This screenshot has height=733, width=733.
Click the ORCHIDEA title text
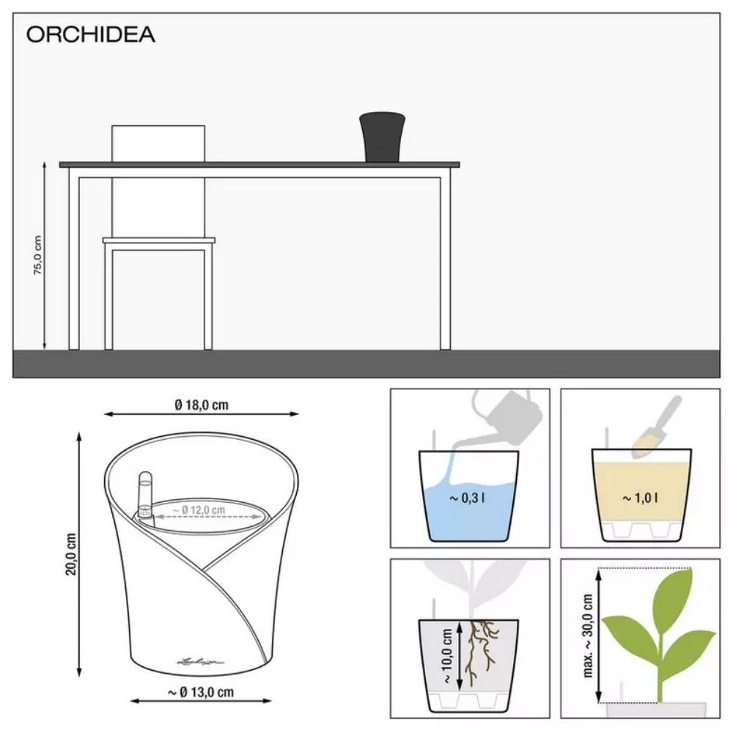pos(91,35)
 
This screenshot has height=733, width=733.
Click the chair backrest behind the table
pos(158,143)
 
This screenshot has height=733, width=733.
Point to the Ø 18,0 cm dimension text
pos(202,404)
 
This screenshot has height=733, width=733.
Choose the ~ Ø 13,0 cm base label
pos(201,691)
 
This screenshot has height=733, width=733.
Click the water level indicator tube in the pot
pos(144,498)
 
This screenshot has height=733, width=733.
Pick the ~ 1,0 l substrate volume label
pos(641,498)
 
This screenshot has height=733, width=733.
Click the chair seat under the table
pos(158,240)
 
